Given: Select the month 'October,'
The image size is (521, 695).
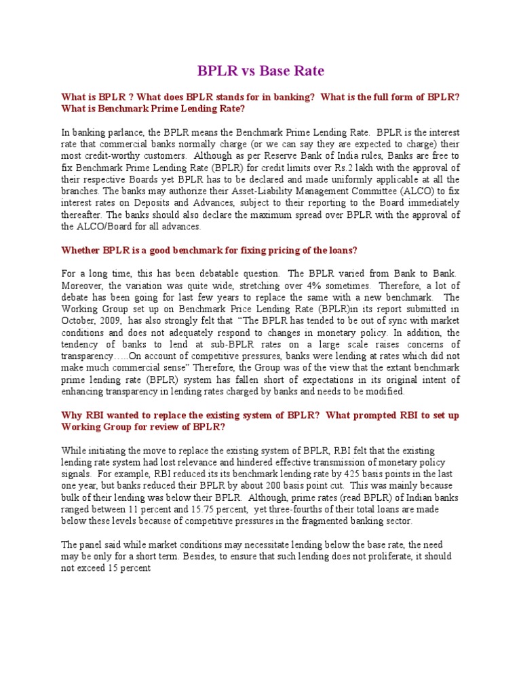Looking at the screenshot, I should pyautogui.click(x=81, y=320).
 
